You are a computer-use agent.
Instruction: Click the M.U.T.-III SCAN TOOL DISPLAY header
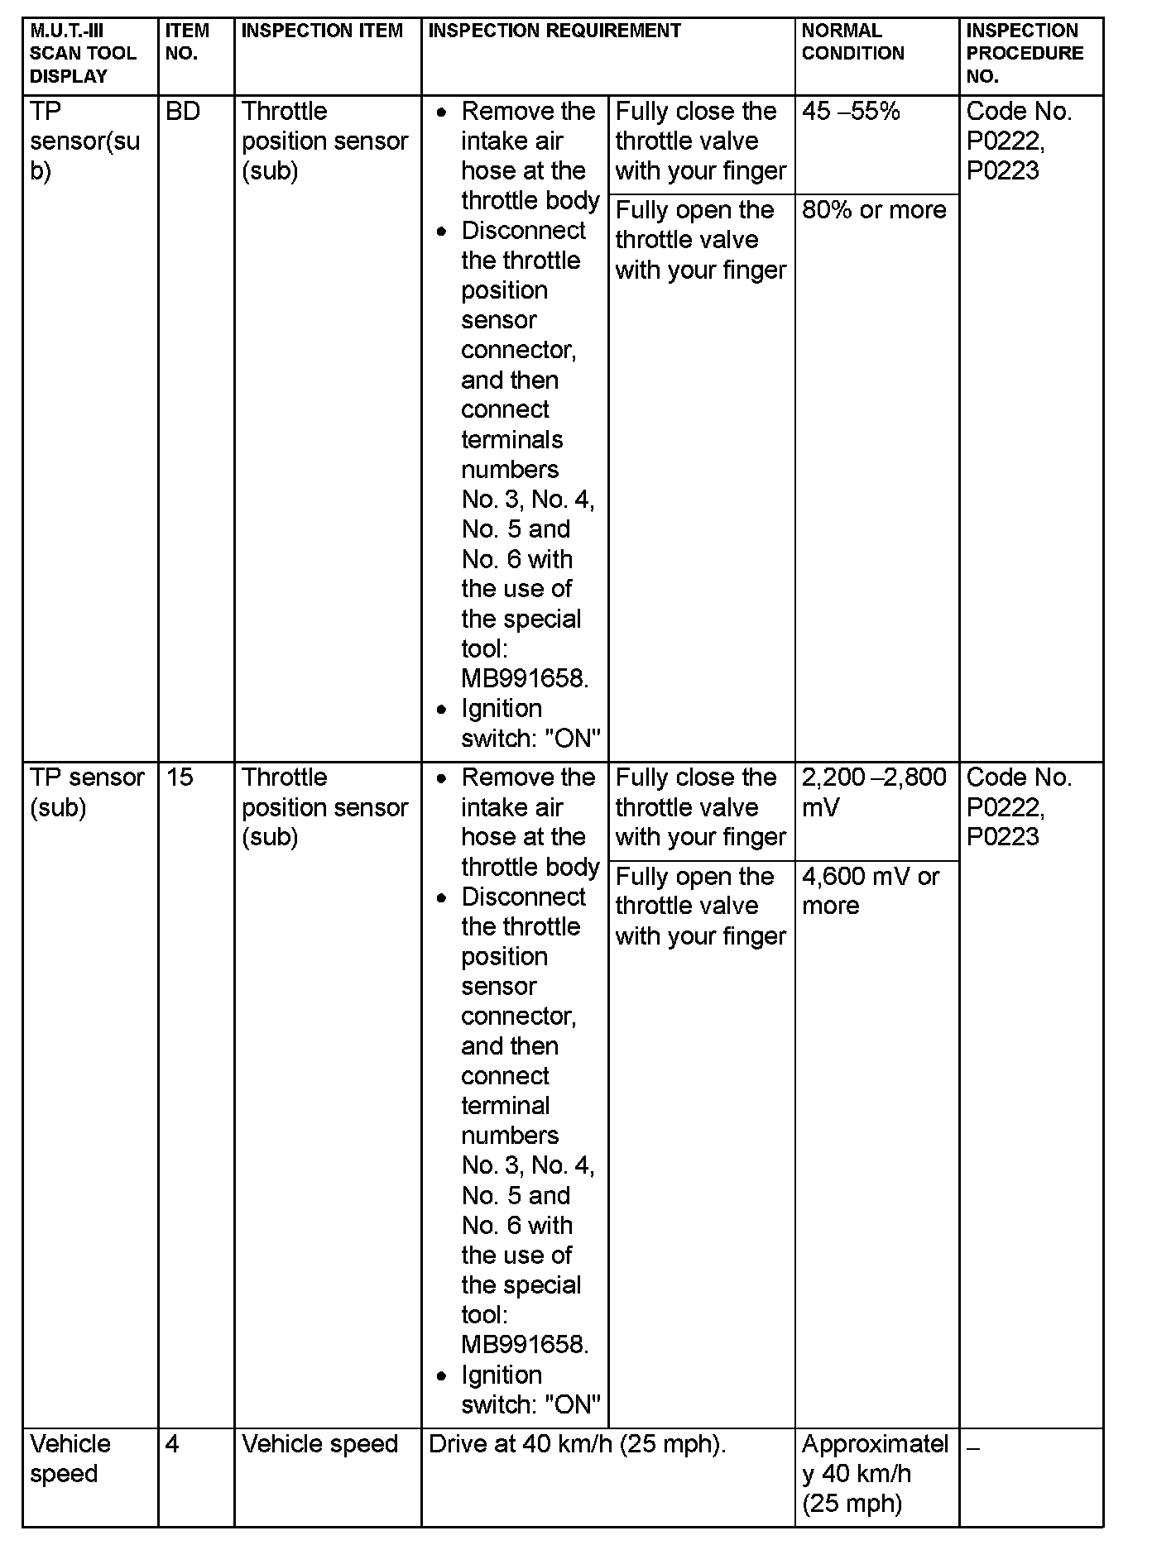(83, 54)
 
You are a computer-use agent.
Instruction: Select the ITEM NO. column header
(187, 42)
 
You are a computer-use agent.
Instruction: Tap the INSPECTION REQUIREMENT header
(554, 31)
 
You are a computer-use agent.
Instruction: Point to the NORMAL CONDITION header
(852, 42)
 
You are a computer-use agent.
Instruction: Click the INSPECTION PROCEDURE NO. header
(1025, 54)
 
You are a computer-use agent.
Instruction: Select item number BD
(183, 112)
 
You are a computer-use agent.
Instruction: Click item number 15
(180, 777)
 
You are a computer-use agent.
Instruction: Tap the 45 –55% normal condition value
(851, 112)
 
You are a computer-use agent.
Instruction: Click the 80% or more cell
(874, 210)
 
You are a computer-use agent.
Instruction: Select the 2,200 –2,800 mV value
(874, 792)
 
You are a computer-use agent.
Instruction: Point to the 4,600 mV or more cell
(871, 891)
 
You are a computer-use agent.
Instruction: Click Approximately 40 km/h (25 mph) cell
(875, 1474)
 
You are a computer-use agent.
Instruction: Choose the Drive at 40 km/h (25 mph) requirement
(577, 1444)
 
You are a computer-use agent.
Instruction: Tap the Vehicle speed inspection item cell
(320, 1444)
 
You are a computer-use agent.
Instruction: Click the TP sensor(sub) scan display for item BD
(84, 141)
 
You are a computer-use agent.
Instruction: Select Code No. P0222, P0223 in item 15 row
(1019, 807)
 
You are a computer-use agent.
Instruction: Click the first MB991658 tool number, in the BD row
(525, 679)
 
